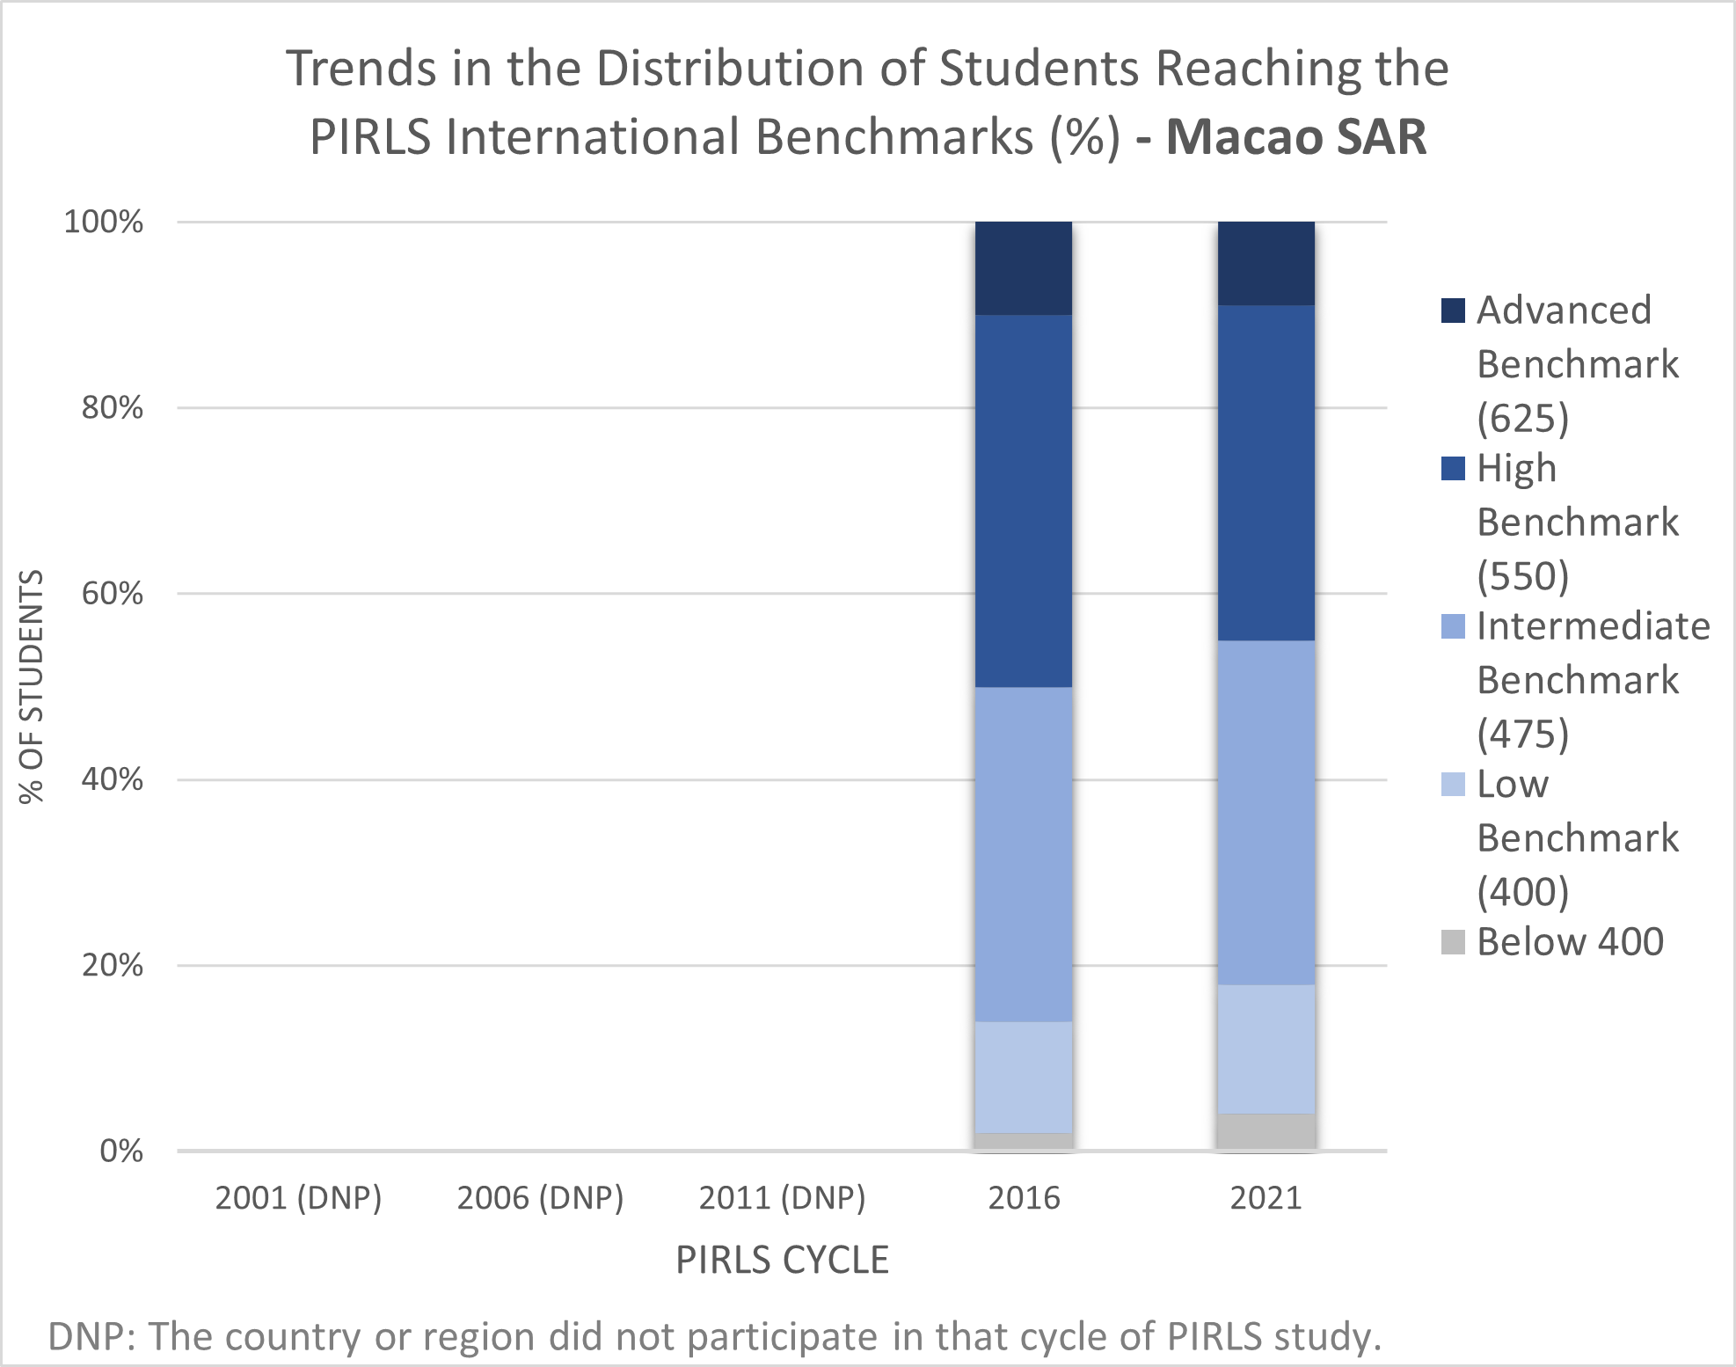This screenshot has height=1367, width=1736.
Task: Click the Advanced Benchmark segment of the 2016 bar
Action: (1023, 267)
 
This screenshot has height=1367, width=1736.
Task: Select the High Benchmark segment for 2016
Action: (1023, 501)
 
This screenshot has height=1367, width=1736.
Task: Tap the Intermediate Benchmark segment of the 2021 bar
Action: (1266, 812)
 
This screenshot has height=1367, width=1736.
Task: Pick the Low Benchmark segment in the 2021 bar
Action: (1266, 1049)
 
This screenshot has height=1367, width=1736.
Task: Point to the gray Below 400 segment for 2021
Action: (1266, 1131)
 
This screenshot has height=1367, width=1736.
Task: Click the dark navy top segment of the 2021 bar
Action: (1266, 263)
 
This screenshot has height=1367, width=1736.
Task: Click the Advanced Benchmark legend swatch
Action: (1453, 311)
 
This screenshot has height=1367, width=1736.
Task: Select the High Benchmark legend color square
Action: (1453, 468)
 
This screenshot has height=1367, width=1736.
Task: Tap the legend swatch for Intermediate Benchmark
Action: (1453, 626)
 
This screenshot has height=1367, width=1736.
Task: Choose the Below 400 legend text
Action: (1570, 941)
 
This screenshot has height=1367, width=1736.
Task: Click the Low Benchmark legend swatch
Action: (1453, 784)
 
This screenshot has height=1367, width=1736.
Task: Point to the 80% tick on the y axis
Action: (112, 407)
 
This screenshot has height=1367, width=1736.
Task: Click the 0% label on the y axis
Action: (121, 1151)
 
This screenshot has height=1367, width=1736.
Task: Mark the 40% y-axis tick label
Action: (112, 779)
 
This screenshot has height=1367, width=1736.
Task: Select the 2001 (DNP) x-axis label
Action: (298, 1197)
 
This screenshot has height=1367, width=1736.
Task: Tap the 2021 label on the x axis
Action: (1266, 1197)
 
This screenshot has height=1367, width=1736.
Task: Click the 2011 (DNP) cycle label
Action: (782, 1197)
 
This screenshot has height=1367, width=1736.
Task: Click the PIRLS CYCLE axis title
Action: (782, 1260)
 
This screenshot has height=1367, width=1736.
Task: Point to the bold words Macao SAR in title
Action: (1296, 137)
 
